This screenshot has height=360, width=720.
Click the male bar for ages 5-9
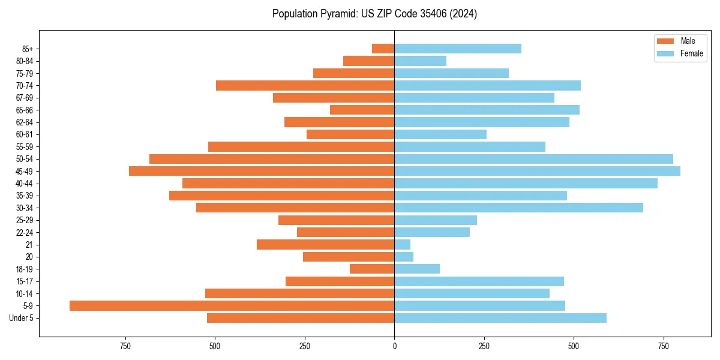[232, 305]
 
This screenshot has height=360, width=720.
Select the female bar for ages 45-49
[537, 171]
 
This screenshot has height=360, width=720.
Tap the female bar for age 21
[402, 244]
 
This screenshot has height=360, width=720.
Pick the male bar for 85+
[383, 49]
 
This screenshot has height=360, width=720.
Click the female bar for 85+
[457, 49]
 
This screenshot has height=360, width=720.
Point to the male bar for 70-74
[305, 85]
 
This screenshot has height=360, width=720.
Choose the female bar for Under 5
[500, 318]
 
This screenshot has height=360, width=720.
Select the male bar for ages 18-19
[372, 269]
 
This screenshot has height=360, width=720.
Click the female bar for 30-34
[518, 208]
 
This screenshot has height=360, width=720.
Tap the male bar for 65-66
[362, 110]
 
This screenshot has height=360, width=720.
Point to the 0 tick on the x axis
[394, 346]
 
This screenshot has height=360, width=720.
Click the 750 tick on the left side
[125, 346]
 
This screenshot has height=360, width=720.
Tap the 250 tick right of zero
[484, 346]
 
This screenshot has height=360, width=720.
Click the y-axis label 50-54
[25, 159]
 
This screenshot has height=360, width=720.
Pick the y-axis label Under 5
[22, 318]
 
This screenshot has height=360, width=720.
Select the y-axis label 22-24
[25, 232]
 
